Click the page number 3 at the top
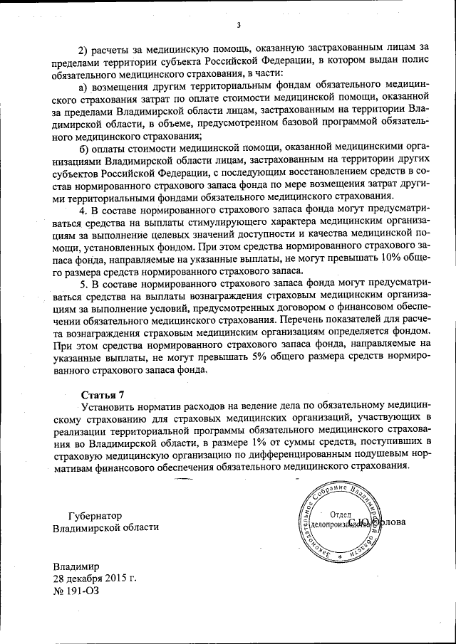(239, 26)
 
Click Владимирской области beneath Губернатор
(106, 528)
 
